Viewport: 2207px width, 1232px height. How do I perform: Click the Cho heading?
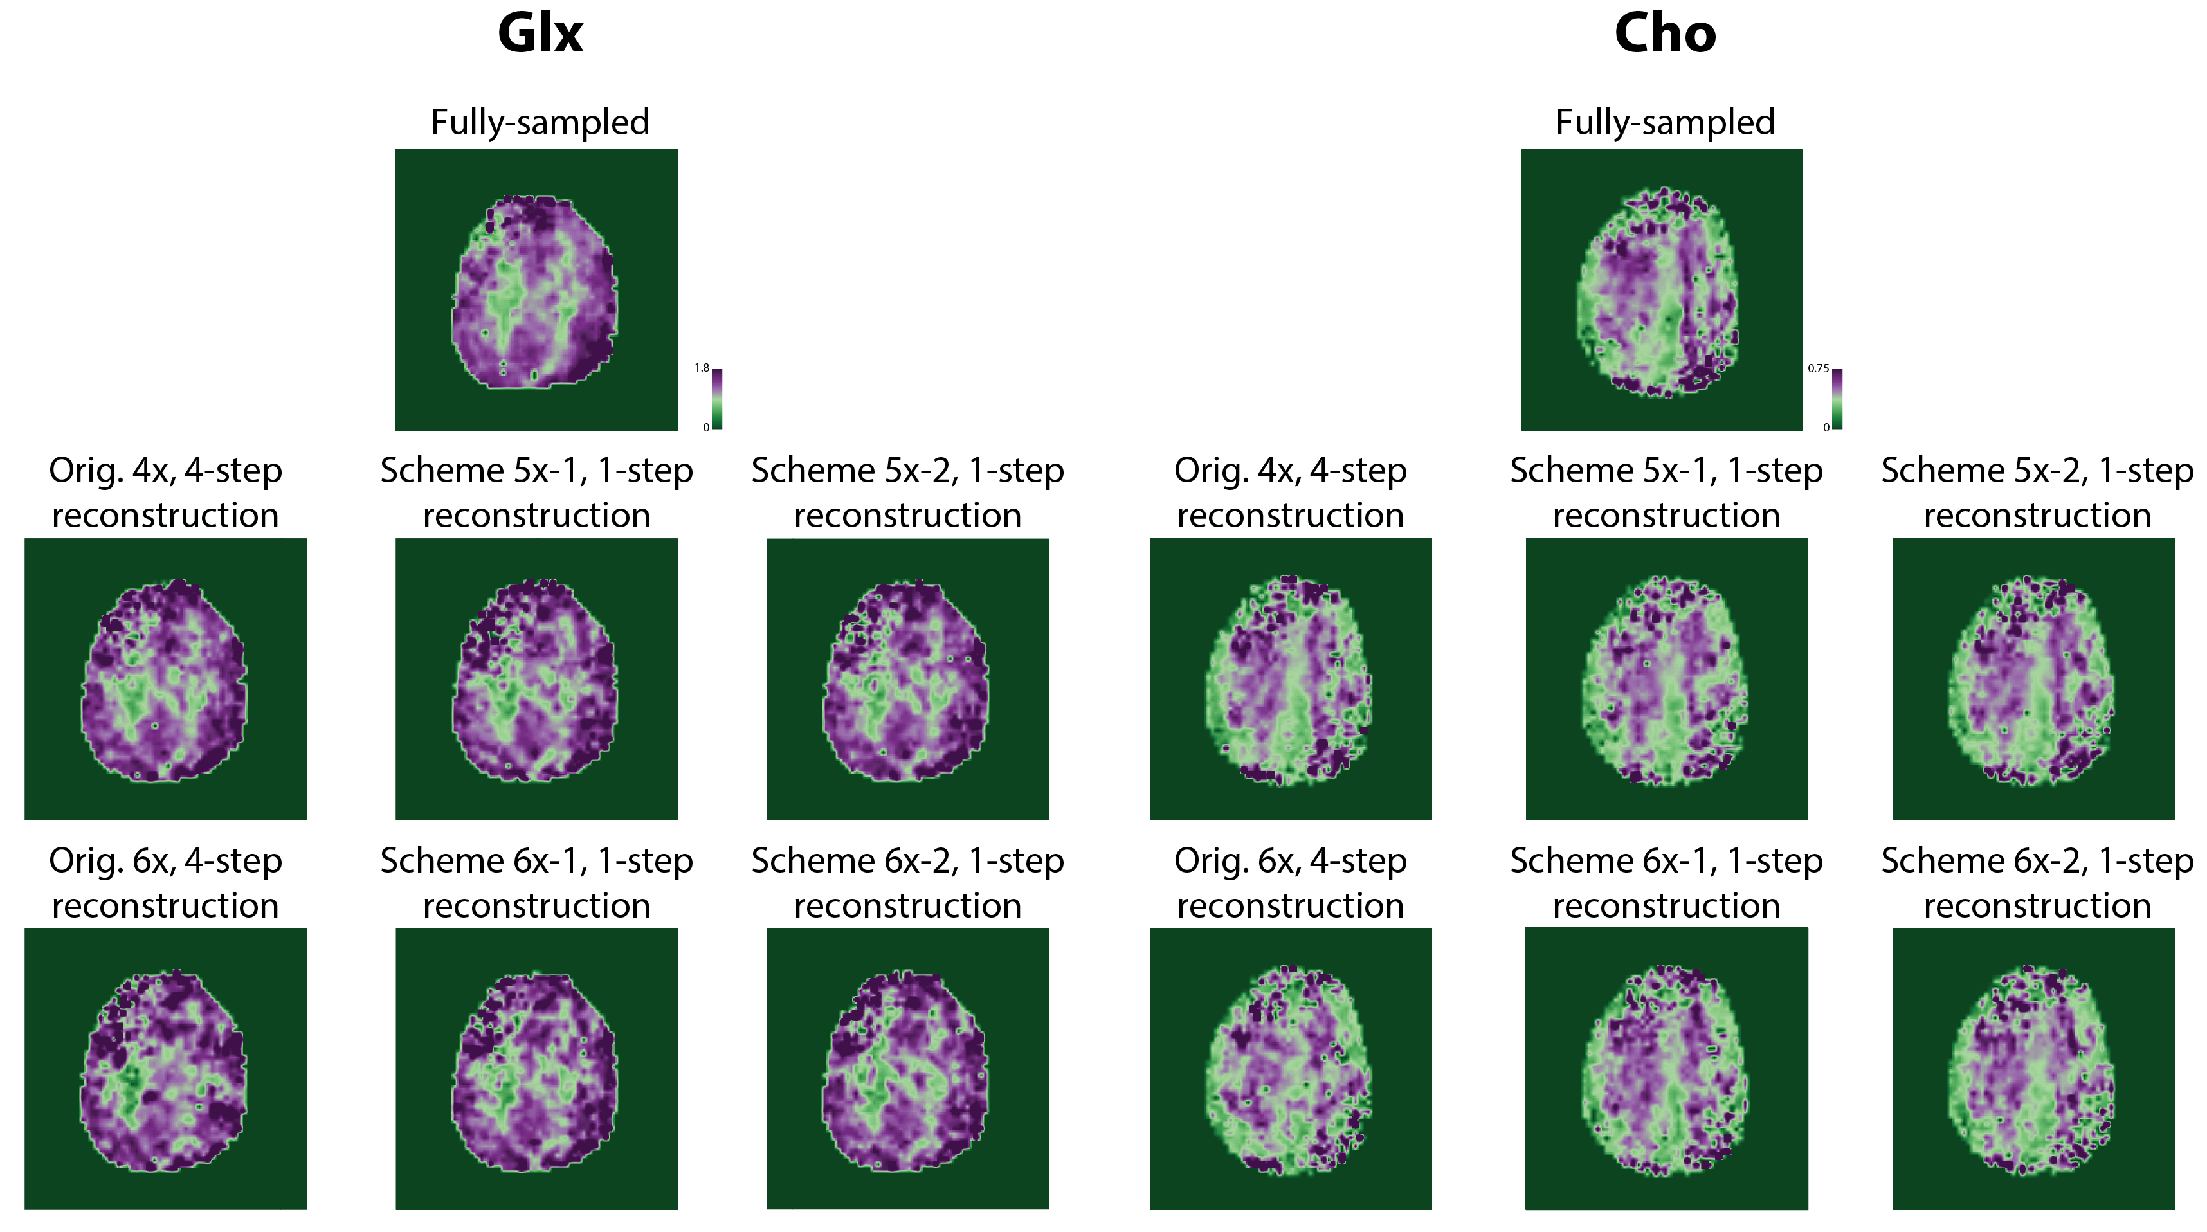[1665, 34]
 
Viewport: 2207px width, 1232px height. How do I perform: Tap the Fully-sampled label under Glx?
[540, 123]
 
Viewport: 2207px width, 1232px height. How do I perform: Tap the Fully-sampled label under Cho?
[1665, 123]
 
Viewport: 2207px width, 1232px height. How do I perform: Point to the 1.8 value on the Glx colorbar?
[702, 368]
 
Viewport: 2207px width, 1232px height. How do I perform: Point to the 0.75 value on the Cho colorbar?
[1818, 368]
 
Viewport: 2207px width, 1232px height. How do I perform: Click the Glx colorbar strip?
[717, 399]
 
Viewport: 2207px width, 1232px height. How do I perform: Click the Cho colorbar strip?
[1837, 399]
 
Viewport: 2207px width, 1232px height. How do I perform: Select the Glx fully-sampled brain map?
[536, 289]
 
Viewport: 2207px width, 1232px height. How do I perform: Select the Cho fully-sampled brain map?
[1661, 289]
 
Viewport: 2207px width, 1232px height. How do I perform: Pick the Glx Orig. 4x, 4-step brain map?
[165, 678]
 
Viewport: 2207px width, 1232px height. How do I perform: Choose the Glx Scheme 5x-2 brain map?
[907, 678]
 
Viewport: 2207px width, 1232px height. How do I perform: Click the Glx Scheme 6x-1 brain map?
[536, 1069]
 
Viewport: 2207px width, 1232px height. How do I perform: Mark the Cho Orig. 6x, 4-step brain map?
[1290, 1069]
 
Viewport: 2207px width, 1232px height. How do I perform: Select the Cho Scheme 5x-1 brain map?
[1666, 678]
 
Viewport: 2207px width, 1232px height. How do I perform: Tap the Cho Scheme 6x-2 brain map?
[2033, 1069]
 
